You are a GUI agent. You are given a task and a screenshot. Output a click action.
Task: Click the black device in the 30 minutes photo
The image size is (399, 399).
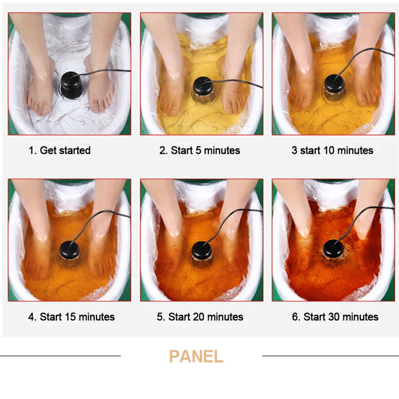point(333,249)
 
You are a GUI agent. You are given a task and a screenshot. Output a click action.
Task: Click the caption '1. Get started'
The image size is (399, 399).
point(59,150)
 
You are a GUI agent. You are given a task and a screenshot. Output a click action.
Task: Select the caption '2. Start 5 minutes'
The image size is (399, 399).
point(200,150)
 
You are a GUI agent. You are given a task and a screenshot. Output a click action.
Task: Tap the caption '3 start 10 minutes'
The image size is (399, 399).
point(332,150)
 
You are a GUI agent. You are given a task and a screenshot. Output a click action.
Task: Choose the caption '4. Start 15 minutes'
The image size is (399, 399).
point(71,317)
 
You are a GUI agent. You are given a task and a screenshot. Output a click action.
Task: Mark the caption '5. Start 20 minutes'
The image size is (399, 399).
point(200,317)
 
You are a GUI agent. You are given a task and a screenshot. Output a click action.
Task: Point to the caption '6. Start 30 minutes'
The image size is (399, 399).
point(335,317)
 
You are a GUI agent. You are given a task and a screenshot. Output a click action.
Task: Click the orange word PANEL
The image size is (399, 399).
point(196,356)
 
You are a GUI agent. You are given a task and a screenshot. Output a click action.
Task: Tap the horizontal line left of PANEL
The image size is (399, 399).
point(60,356)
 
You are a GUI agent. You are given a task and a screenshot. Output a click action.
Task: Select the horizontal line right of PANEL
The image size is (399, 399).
point(330,356)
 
